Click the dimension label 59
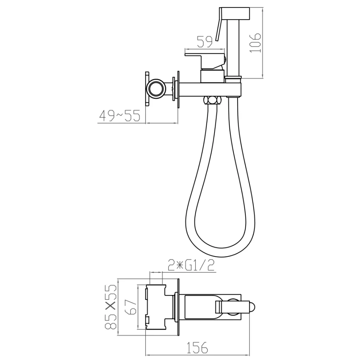click(205, 42)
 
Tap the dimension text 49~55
click(120, 115)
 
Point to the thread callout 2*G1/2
click(191, 265)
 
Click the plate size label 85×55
click(111, 307)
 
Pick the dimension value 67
click(131, 307)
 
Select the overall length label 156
click(197, 347)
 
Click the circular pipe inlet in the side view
click(157, 89)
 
